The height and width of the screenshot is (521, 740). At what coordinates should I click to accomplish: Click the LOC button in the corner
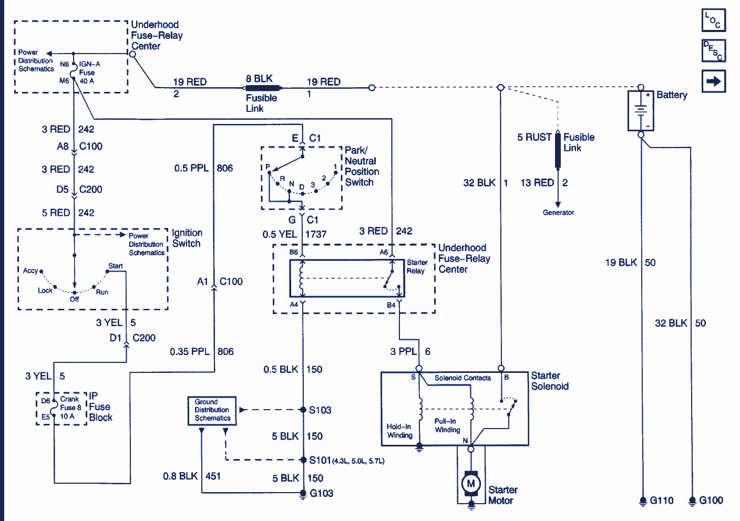(x=714, y=20)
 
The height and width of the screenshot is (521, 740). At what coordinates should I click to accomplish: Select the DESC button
(x=714, y=50)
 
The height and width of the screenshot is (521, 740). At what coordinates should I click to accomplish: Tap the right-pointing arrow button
(x=714, y=81)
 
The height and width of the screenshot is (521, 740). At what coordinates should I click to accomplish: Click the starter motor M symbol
(x=471, y=483)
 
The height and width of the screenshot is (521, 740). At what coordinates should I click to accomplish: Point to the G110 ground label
(x=661, y=501)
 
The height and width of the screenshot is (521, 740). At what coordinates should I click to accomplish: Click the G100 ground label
(x=711, y=501)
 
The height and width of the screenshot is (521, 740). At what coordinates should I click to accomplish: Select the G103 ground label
(x=321, y=493)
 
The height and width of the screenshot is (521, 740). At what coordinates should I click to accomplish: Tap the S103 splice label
(x=320, y=410)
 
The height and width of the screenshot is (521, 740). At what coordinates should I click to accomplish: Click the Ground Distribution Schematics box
(x=212, y=410)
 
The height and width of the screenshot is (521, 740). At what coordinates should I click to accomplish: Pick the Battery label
(x=672, y=95)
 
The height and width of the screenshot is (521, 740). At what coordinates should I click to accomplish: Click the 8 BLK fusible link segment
(x=263, y=88)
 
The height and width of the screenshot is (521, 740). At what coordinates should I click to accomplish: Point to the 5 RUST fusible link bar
(x=558, y=151)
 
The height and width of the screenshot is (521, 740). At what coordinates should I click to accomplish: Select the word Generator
(x=558, y=213)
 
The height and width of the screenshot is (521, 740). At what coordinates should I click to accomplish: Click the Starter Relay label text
(x=416, y=267)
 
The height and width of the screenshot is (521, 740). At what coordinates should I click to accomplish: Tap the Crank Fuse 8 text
(x=70, y=403)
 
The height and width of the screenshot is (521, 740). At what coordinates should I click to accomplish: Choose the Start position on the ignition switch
(x=116, y=266)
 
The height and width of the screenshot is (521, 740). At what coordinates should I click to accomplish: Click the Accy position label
(x=30, y=270)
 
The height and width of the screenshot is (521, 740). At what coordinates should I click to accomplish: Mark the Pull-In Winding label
(x=447, y=425)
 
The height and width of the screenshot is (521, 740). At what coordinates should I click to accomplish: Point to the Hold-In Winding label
(x=399, y=431)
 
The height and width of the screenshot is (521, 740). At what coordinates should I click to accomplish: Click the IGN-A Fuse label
(x=89, y=68)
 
